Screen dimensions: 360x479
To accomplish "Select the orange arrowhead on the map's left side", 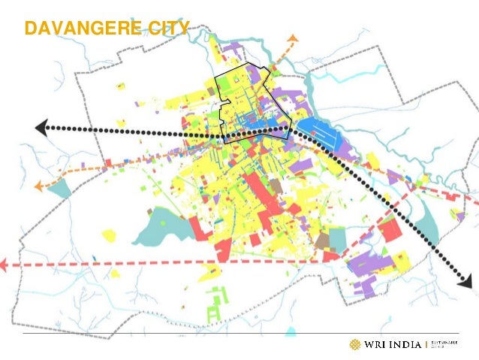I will pos(38,184).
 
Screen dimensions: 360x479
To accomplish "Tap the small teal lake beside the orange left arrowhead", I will pos(60,188).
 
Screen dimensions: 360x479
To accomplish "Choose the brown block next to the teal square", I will pos(322,241).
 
